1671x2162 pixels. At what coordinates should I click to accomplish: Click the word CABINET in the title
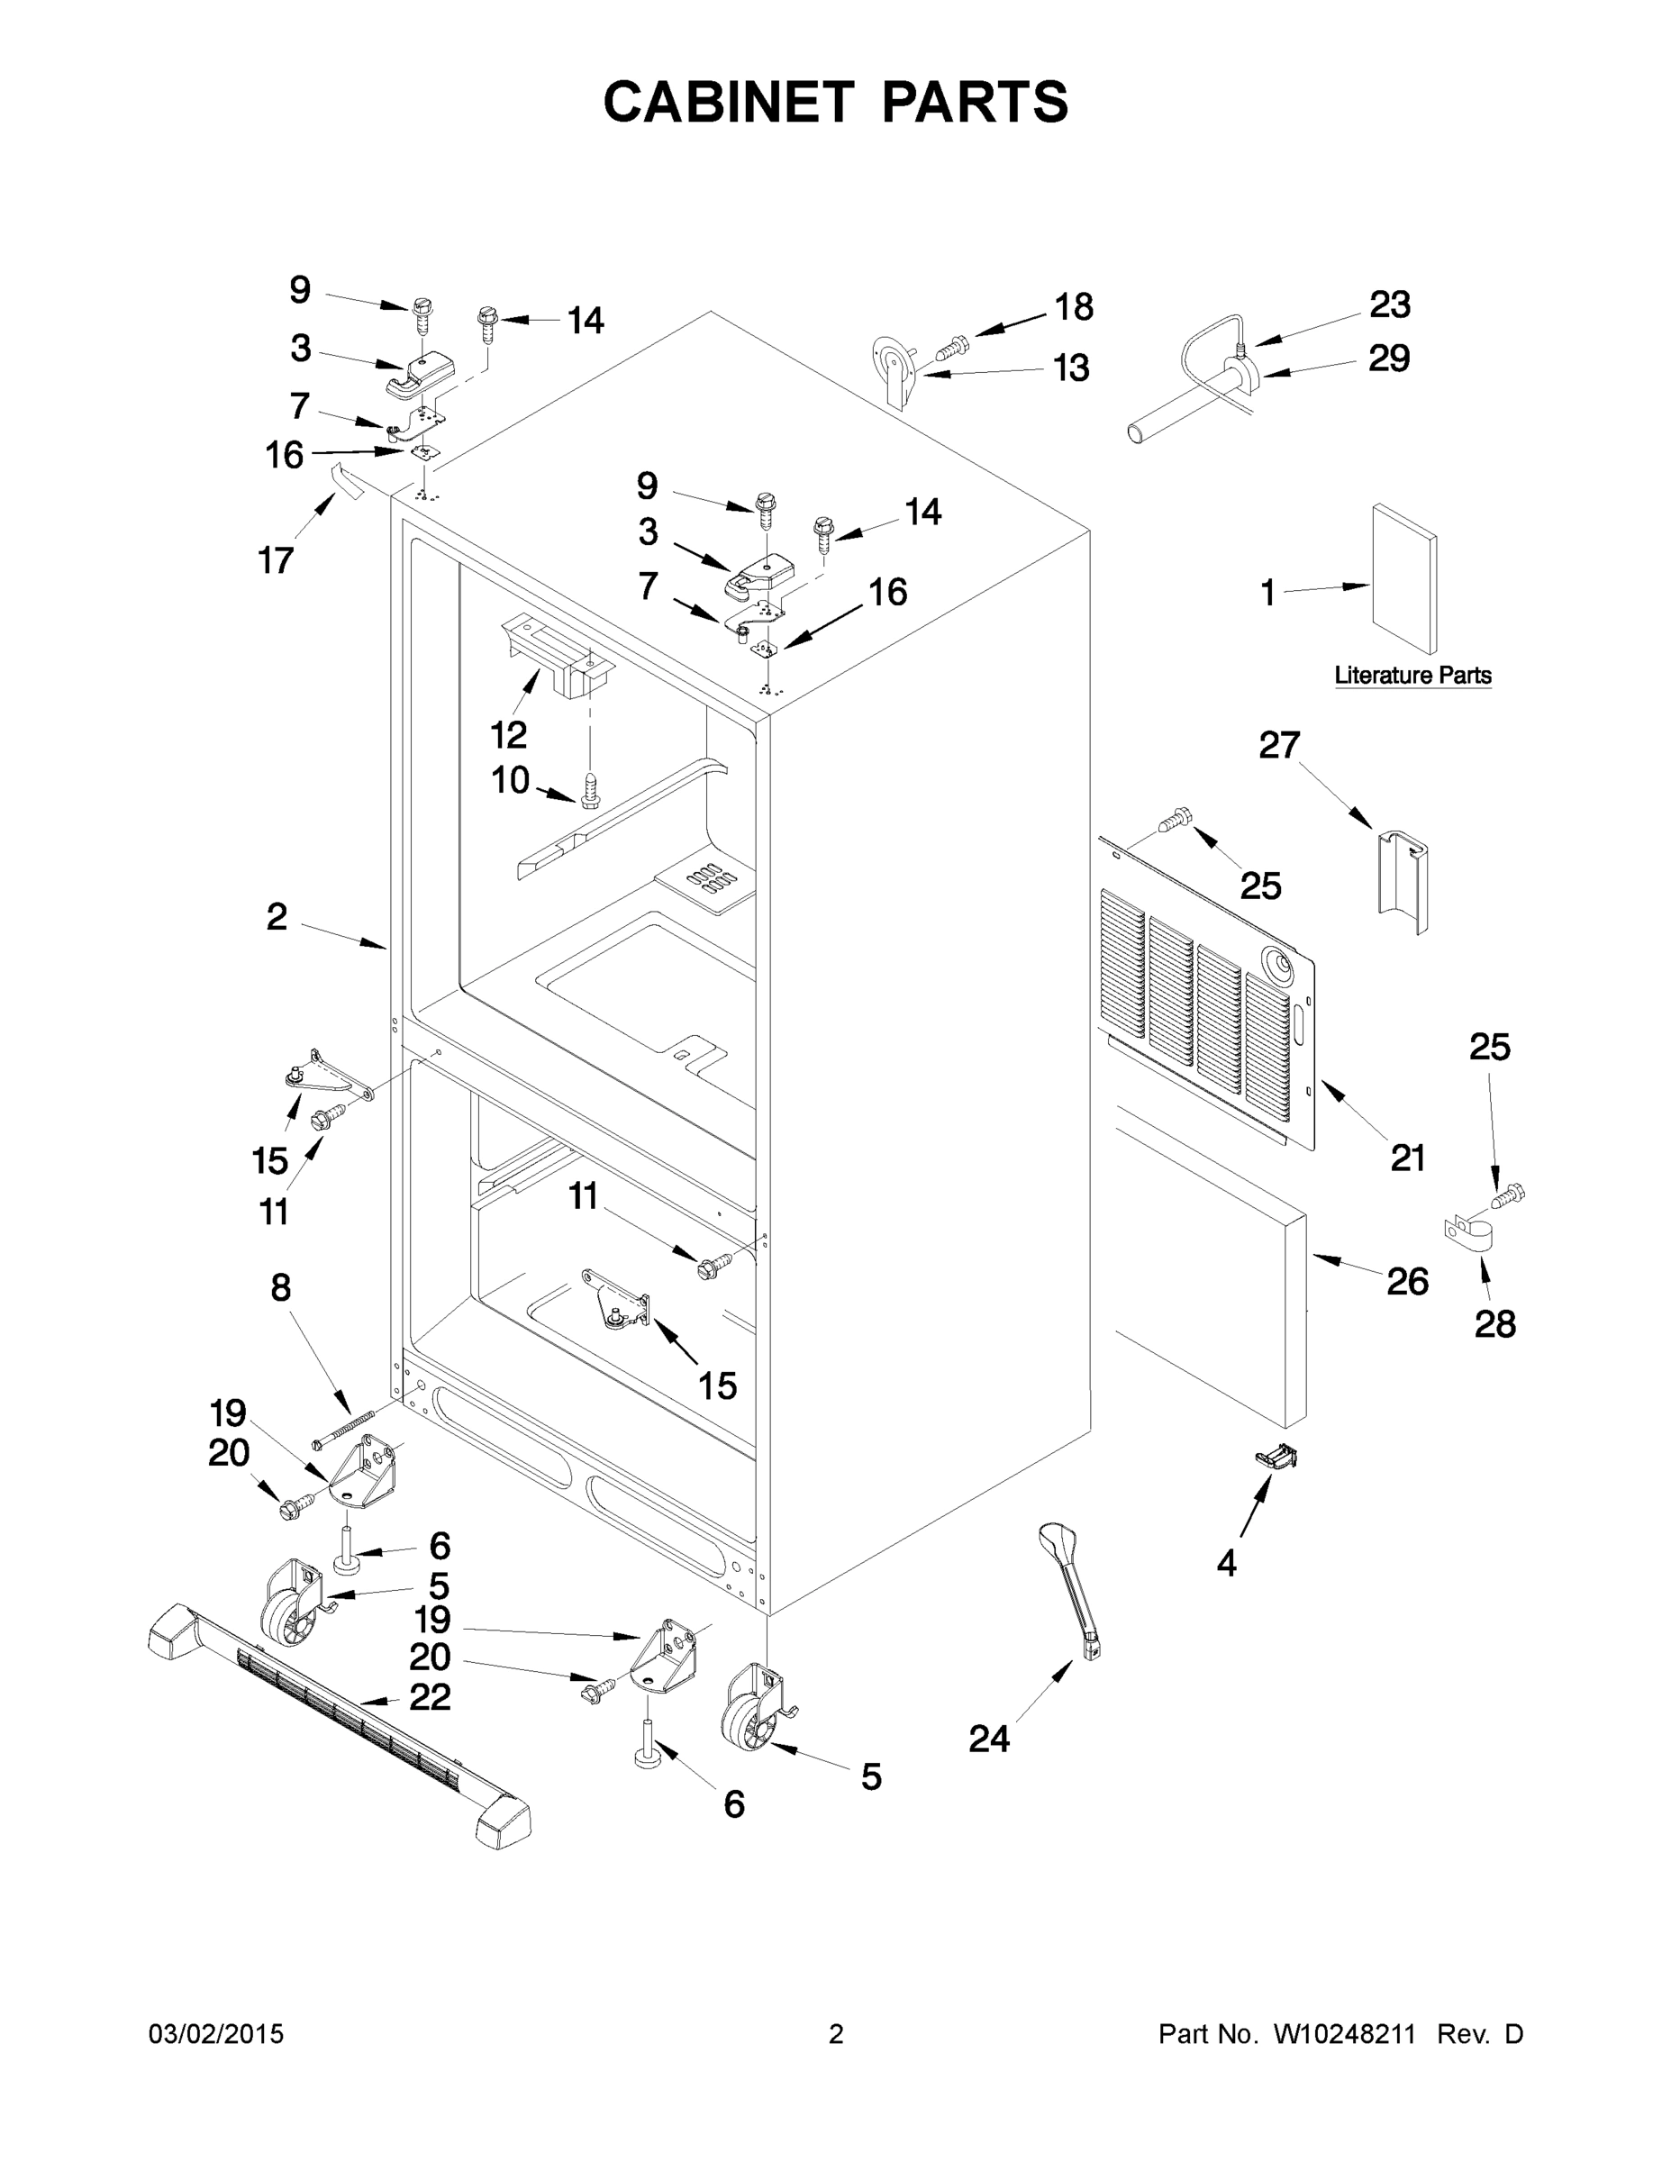(x=728, y=102)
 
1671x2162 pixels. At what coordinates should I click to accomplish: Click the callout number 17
(x=277, y=560)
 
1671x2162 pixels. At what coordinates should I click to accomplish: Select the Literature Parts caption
(x=1412, y=675)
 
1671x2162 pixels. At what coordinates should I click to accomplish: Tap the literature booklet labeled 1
(x=1403, y=578)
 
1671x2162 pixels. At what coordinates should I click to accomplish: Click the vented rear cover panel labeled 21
(x=1208, y=1000)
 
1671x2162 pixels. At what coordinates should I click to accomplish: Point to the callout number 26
(x=1407, y=1281)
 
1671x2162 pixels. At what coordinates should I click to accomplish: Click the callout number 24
(x=988, y=1738)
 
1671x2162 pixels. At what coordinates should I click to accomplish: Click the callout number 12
(x=509, y=734)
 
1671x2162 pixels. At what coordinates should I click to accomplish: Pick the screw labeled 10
(x=591, y=791)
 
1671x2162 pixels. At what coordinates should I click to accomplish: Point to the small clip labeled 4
(x=1276, y=1455)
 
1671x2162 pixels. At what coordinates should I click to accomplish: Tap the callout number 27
(x=1279, y=744)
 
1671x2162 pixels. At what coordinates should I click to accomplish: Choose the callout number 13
(x=1070, y=368)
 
